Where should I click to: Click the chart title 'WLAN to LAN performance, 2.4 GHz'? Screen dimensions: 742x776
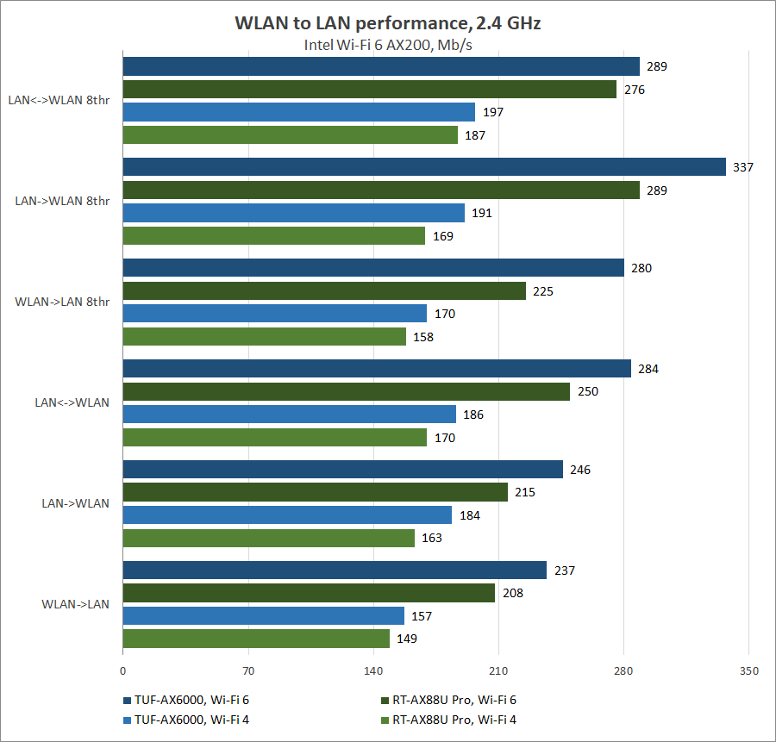(x=387, y=23)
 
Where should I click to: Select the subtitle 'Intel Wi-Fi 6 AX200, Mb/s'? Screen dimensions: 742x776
(x=387, y=45)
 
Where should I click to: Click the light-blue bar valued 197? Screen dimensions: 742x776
(x=298, y=112)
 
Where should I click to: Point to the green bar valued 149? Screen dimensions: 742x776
(x=256, y=639)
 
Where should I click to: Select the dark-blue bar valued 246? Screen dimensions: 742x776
(x=342, y=470)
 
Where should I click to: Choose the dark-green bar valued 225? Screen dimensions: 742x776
(x=324, y=291)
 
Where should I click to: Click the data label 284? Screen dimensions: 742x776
(x=648, y=369)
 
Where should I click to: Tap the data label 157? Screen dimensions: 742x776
(x=421, y=616)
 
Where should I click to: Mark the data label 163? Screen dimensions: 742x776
(x=431, y=538)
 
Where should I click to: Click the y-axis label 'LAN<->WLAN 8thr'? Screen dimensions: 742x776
(x=59, y=100)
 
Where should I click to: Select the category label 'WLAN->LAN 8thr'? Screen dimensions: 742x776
(x=62, y=302)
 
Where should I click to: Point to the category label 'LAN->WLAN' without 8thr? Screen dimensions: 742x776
(x=76, y=503)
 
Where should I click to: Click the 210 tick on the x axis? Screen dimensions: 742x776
(x=498, y=670)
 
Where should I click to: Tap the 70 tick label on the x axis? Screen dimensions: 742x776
(x=248, y=670)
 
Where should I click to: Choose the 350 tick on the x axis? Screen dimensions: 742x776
(x=748, y=670)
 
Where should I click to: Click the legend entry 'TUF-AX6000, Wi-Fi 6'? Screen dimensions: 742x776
(x=191, y=700)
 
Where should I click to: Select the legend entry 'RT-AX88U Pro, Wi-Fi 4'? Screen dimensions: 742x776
(x=454, y=720)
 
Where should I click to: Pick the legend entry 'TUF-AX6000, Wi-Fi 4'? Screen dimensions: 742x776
(x=191, y=720)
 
